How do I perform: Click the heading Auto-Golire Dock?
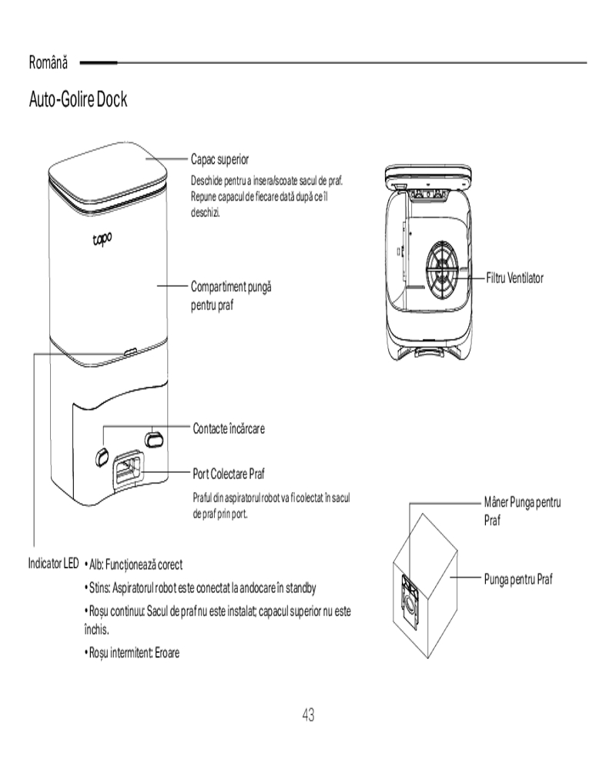coord(78,100)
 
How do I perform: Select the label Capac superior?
coord(219,160)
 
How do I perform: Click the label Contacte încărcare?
coord(229,428)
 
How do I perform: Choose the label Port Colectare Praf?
coord(229,472)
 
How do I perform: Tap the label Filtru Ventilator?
coord(514,278)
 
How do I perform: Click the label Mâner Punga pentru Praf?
coord(522,511)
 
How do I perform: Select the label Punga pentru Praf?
coord(518,578)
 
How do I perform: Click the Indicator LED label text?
coord(53,564)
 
